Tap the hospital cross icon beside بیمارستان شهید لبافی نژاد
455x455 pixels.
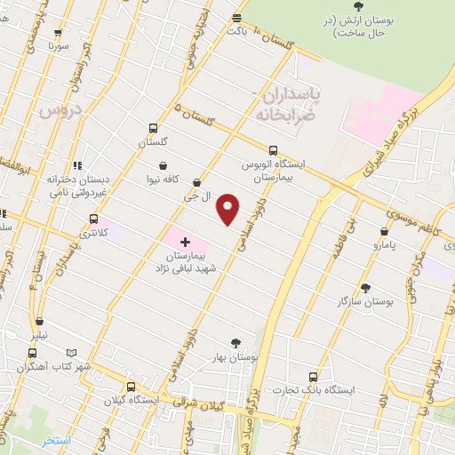pos(185,242)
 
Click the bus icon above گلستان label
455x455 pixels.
pos(153,128)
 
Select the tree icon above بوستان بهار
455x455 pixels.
pos(235,343)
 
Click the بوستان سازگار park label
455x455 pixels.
pos(365,302)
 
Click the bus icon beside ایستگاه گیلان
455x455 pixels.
pos(131,387)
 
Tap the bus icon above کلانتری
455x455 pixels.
pos(93,219)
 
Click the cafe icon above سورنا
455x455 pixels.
pos(60,30)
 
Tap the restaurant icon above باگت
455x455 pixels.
pos(236,17)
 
